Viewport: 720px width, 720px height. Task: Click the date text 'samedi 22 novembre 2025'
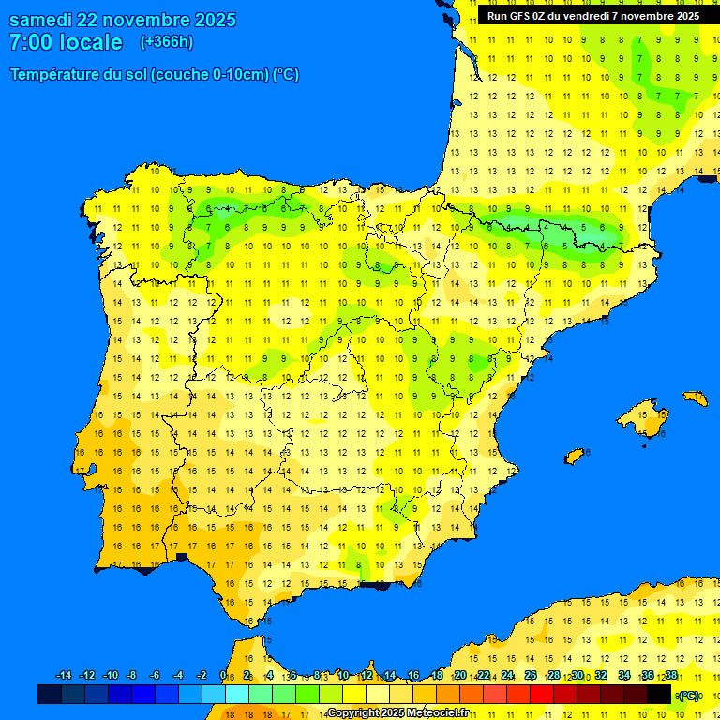tap(122, 20)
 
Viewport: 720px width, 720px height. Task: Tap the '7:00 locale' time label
tap(66, 42)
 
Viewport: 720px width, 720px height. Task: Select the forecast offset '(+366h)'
tap(166, 42)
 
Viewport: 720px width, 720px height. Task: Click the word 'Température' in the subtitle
tap(54, 75)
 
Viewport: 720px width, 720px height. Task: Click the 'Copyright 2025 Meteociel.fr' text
tap(397, 713)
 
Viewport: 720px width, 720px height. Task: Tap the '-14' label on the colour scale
tap(64, 676)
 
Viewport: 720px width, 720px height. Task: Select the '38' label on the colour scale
tap(671, 676)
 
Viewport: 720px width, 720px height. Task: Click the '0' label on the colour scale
tap(223, 676)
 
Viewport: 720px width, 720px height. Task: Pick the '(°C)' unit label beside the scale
tap(689, 696)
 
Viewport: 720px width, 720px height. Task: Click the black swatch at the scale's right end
tap(659, 695)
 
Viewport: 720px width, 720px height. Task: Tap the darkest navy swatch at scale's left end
tap(50, 695)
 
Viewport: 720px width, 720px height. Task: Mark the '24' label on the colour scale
tap(507, 676)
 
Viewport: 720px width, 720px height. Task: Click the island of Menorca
tap(696, 398)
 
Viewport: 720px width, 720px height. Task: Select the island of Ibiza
tap(575, 457)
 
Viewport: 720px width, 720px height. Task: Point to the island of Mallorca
tap(644, 417)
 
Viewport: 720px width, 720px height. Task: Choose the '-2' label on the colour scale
tap(201, 676)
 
